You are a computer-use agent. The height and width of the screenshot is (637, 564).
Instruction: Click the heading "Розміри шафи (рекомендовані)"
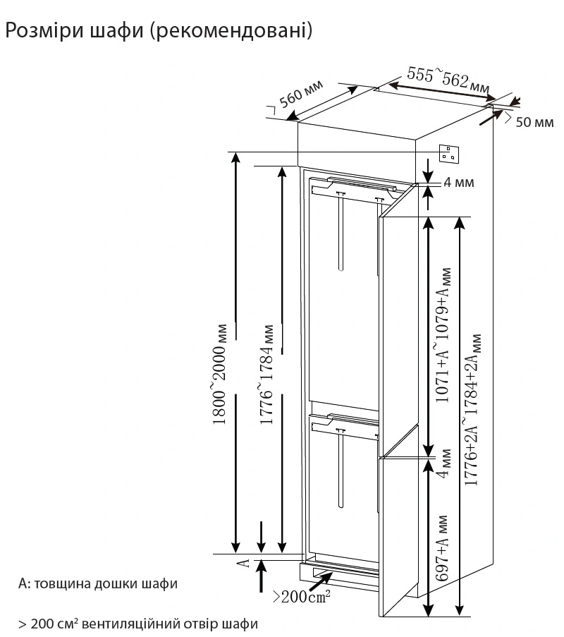click(x=158, y=31)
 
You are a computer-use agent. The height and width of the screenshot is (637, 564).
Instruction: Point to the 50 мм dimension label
click(x=534, y=122)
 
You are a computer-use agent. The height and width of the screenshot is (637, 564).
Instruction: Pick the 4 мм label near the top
click(x=458, y=183)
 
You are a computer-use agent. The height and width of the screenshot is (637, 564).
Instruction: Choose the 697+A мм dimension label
click(x=443, y=550)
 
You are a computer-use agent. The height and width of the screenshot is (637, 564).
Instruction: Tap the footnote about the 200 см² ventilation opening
click(x=138, y=624)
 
